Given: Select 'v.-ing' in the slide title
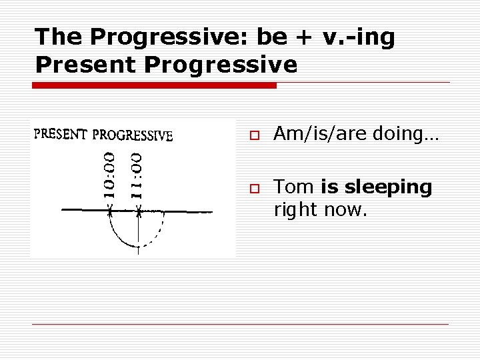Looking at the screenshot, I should tap(359, 38).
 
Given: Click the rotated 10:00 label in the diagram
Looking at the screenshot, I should tap(111, 175).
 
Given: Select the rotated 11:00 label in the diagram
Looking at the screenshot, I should tap(136, 175).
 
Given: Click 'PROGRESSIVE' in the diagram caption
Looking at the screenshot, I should tap(133, 135).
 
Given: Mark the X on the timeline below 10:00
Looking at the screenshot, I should tap(111, 211).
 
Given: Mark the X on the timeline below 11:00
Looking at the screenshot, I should tap(138, 211).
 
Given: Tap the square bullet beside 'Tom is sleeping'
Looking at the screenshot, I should tap(255, 189).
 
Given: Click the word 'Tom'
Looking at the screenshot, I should tap(294, 187).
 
